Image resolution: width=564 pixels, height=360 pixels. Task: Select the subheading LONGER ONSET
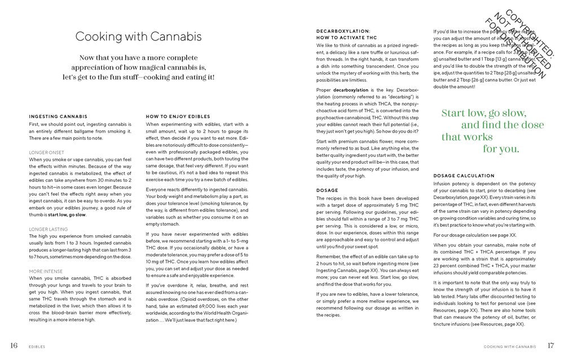coord(47,152)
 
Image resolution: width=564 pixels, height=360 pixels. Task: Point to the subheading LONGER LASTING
coord(48,229)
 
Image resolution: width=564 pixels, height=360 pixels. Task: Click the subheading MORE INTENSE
coord(46,271)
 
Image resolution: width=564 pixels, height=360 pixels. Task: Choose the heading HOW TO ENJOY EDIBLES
coord(174,117)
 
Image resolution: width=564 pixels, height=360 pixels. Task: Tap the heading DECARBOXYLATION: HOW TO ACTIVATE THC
coord(343,34)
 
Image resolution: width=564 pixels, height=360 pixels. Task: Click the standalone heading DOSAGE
coord(327,190)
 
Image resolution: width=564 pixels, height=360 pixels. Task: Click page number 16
coord(14,345)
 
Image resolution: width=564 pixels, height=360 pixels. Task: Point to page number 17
coord(551,345)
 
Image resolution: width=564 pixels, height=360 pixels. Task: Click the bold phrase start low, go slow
coord(67,214)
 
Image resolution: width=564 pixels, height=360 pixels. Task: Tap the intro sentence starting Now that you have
coord(139,67)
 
